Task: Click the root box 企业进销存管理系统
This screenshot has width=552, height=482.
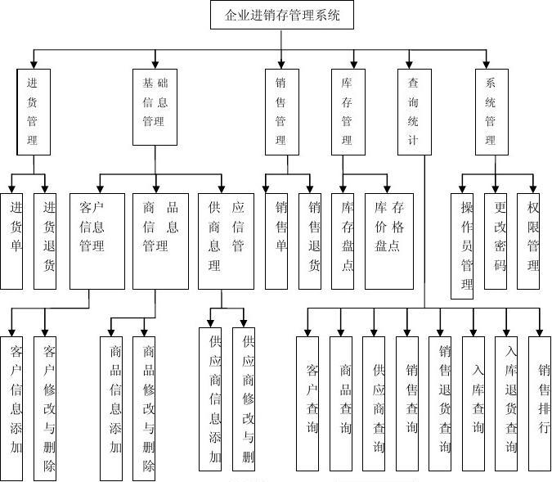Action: click(x=282, y=16)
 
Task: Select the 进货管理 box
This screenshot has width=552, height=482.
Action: click(x=33, y=111)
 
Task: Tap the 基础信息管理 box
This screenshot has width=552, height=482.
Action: click(x=155, y=106)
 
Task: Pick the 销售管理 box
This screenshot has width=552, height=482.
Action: click(x=280, y=111)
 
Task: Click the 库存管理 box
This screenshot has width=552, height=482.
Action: click(x=348, y=111)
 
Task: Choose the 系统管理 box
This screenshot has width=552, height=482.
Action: click(x=491, y=111)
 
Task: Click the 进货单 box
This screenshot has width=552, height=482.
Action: click(x=11, y=241)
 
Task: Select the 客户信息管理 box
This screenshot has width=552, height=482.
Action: click(x=92, y=241)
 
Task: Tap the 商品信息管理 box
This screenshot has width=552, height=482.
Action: click(x=160, y=241)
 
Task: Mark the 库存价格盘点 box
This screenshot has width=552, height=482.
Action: click(x=389, y=241)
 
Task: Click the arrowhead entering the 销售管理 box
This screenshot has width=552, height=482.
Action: click(x=280, y=64)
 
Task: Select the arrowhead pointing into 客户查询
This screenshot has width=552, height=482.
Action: click(x=308, y=331)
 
